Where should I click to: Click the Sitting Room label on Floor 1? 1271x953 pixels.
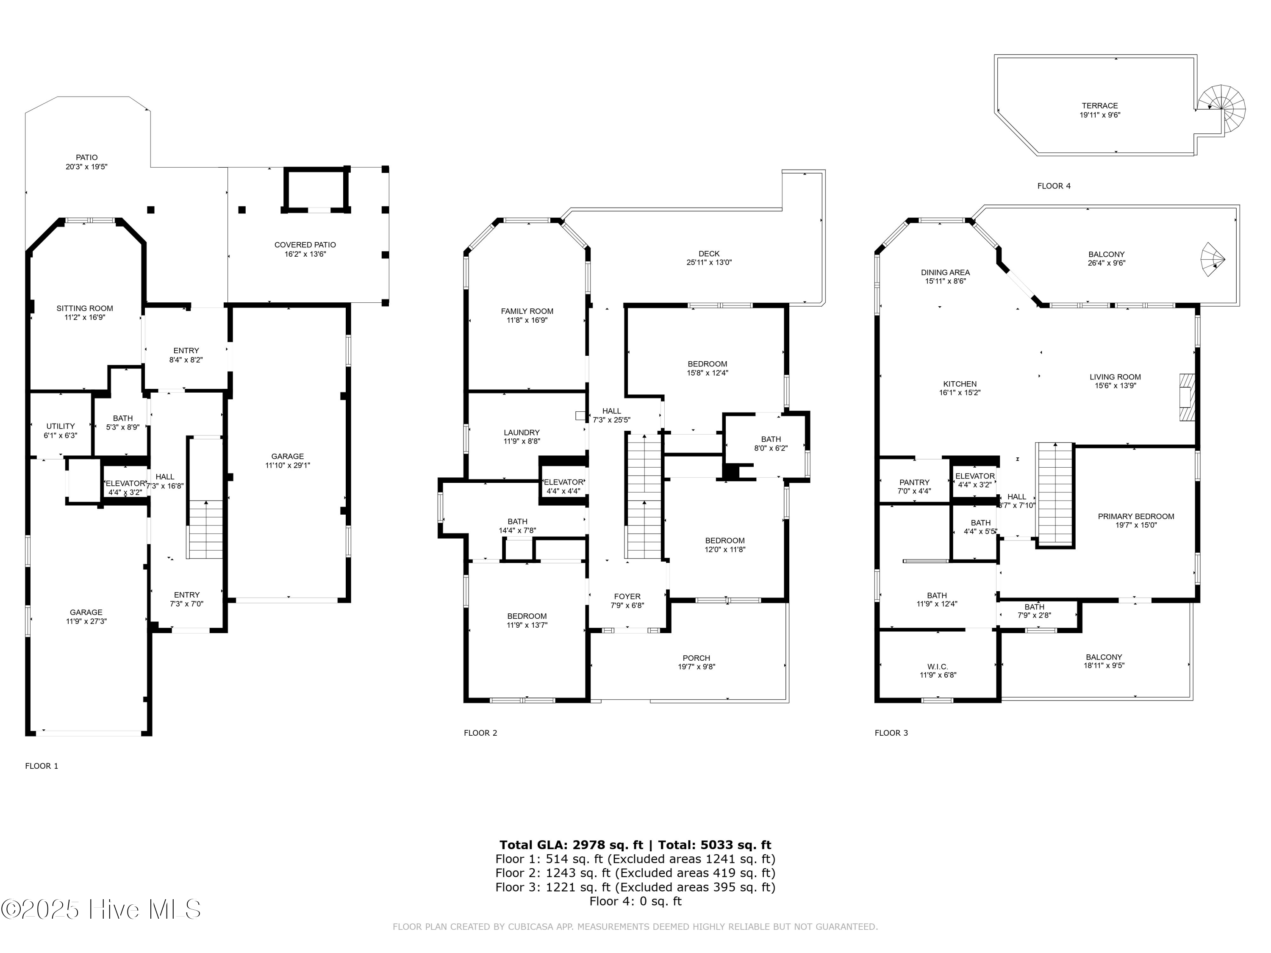tap(84, 308)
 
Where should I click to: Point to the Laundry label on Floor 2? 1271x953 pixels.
tap(521, 432)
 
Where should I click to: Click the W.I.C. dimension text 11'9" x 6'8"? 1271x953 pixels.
tap(938, 676)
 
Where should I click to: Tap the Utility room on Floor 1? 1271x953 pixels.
tap(60, 426)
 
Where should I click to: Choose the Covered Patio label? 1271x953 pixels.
tap(305, 245)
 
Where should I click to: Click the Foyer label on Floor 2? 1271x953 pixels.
tap(627, 596)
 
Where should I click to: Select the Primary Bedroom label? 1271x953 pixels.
tap(1135, 516)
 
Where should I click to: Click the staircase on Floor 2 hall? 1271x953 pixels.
tap(644, 497)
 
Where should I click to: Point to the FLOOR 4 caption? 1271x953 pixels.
tap(1053, 186)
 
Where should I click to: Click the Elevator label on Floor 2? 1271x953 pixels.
tap(563, 482)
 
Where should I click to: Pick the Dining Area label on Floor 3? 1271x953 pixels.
tap(945, 272)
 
